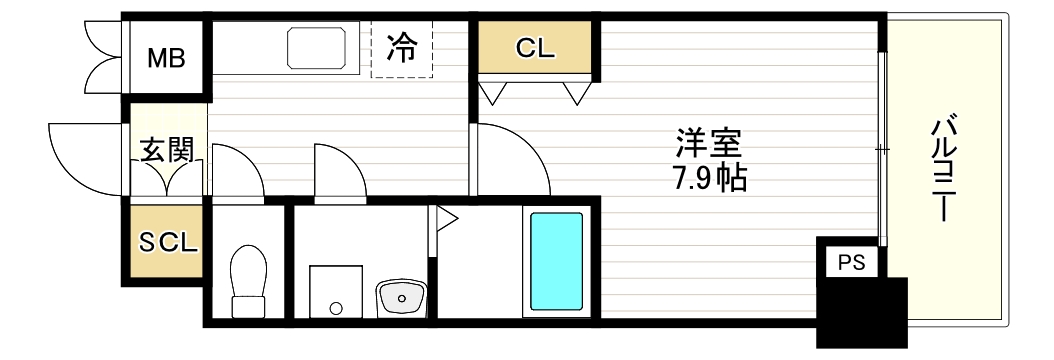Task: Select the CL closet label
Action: [x=536, y=48]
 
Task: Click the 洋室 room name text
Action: [x=708, y=143]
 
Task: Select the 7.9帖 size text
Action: [x=709, y=179]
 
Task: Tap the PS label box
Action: [x=850, y=263]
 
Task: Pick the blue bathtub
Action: [x=556, y=260]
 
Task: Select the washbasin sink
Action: [x=402, y=297]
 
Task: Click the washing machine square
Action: [x=335, y=291]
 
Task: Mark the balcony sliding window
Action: [x=881, y=150]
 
